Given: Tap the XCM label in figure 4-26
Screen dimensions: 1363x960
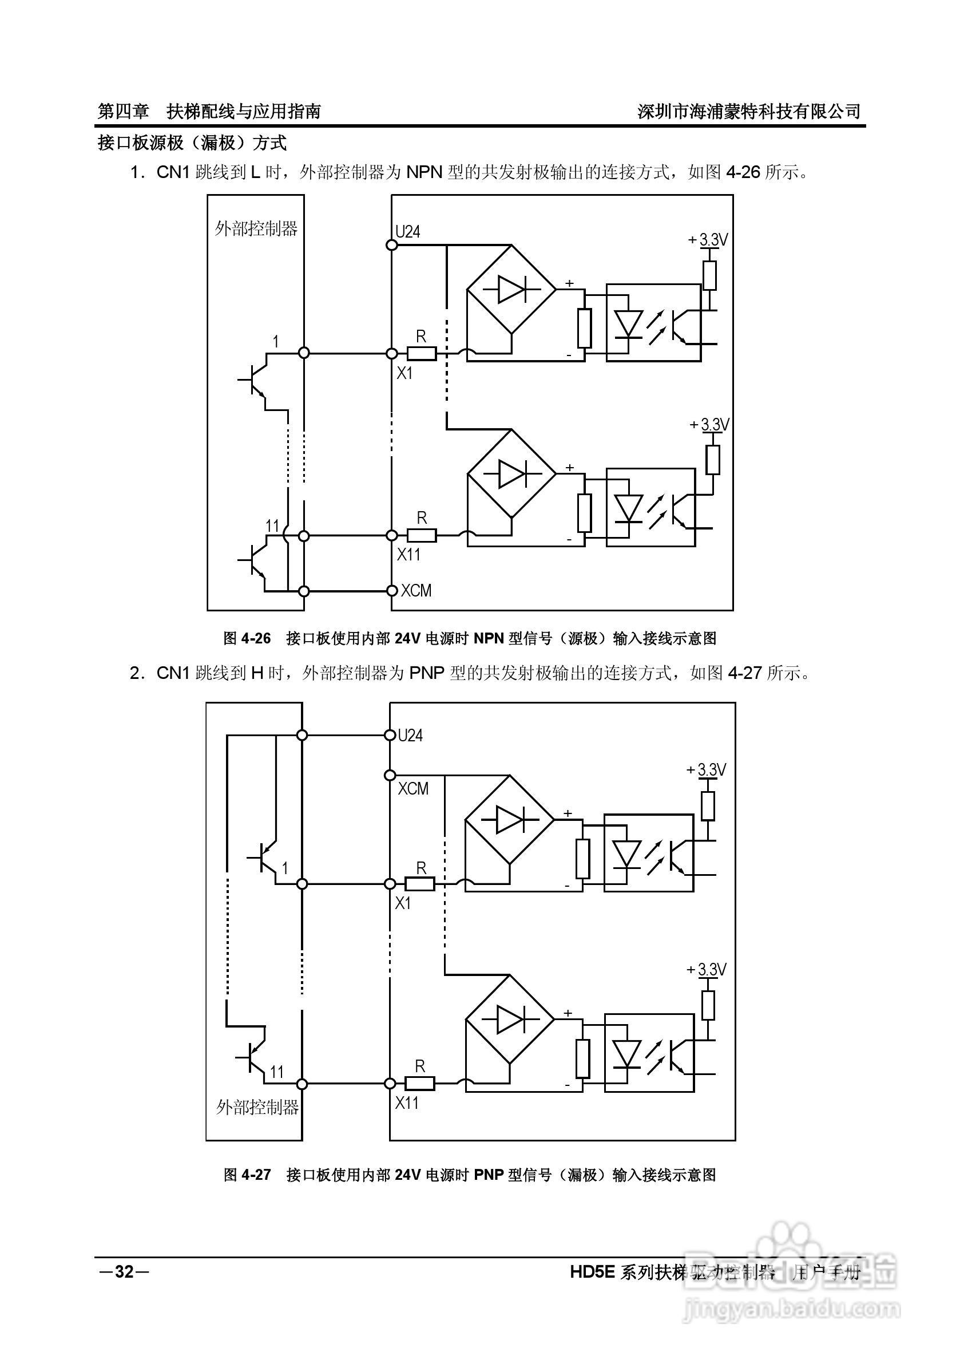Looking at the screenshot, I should click(x=416, y=591).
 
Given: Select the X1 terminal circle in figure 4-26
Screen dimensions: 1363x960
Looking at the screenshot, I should click(x=391, y=354).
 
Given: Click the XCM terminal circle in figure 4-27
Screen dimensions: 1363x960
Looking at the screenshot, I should click(x=390, y=775).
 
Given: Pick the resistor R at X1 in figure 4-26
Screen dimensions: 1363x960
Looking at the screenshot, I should click(x=422, y=354).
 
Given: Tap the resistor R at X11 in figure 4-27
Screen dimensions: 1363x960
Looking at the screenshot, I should click(x=420, y=1084).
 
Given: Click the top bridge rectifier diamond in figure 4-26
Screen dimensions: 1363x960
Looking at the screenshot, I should click(x=511, y=290).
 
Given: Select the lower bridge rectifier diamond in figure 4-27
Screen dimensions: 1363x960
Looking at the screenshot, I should click(x=509, y=1021).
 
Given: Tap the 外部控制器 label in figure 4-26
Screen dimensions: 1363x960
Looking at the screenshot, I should click(x=256, y=228).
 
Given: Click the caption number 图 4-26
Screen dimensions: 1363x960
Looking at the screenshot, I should click(x=247, y=639).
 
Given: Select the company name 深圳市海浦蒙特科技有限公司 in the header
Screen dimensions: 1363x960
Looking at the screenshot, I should click(x=749, y=111).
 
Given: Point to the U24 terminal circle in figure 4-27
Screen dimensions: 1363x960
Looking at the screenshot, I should click(x=390, y=736).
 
